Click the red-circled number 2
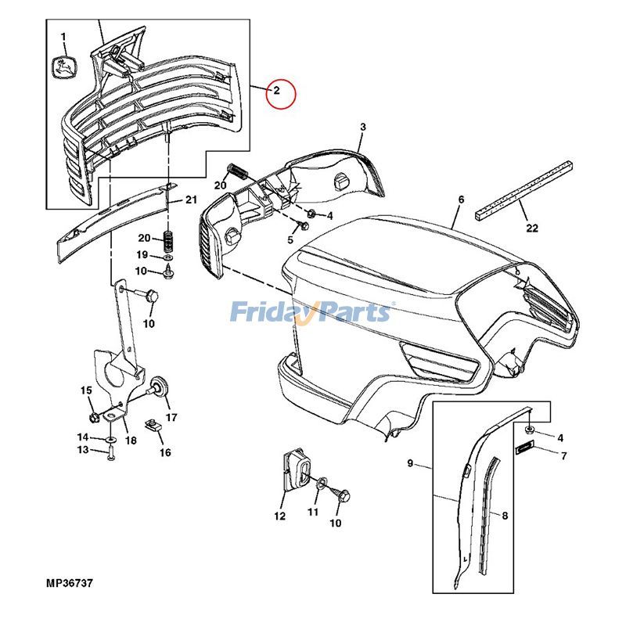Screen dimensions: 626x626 [276, 92]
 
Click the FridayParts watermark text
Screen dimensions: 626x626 [311, 312]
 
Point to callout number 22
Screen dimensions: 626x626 [532, 228]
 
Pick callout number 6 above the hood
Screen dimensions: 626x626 [461, 200]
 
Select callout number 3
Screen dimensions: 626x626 [362, 128]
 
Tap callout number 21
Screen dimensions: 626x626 [190, 200]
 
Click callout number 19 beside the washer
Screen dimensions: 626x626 [142, 254]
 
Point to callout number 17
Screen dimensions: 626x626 [171, 417]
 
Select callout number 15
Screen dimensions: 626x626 [85, 390]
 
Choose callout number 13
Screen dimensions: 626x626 [83, 450]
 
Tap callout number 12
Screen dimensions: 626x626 [280, 516]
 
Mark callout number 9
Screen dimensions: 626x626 [409, 464]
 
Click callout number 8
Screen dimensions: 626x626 [505, 516]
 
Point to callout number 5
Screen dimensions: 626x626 [290, 240]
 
